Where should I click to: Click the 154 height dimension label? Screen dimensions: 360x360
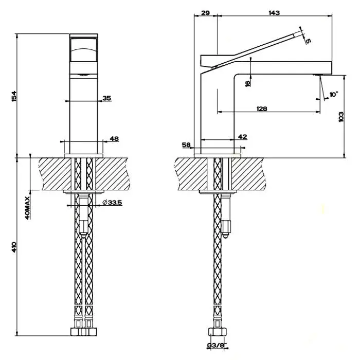pyautogui.click(x=14, y=97)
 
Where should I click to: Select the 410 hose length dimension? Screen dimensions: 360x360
pyautogui.click(x=14, y=247)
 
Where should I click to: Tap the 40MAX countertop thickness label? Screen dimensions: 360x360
pyautogui.click(x=27, y=208)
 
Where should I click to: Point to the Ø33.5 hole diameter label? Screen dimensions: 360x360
pyautogui.click(x=112, y=202)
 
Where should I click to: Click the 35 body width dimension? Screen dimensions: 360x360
pyautogui.click(x=107, y=98)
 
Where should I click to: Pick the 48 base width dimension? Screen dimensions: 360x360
pyautogui.click(x=114, y=139)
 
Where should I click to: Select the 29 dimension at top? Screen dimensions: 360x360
pyautogui.click(x=205, y=13)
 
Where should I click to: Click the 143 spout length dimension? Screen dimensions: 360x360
pyautogui.click(x=274, y=13)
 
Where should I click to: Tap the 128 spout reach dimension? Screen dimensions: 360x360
pyautogui.click(x=262, y=109)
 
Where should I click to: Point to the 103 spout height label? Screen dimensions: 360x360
pyautogui.click(x=341, y=117)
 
